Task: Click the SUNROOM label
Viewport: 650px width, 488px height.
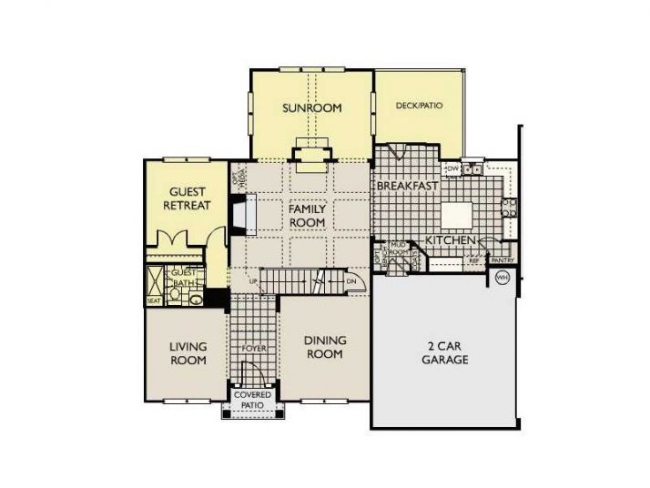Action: [311, 107]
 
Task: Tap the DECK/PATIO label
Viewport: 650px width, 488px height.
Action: [419, 106]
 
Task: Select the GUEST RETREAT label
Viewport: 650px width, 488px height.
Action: [187, 198]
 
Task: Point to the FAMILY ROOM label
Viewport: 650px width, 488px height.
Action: [307, 215]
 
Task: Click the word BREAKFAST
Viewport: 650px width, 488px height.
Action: [407, 186]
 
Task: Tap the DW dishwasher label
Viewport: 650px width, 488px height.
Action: [451, 169]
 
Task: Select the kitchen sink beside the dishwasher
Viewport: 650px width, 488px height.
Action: [472, 168]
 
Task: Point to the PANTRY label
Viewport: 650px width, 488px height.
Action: [503, 260]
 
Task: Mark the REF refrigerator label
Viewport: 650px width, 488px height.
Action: [473, 260]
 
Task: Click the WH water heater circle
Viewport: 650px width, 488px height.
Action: [501, 279]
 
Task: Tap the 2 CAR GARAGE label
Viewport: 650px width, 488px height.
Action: [444, 352]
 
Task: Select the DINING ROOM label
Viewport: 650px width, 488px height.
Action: [325, 347]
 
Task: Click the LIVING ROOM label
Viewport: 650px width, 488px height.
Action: [188, 352]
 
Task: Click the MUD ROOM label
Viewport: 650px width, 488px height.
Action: [398, 248]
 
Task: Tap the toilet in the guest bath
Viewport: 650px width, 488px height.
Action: [196, 298]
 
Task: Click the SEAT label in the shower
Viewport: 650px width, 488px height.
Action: [153, 300]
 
